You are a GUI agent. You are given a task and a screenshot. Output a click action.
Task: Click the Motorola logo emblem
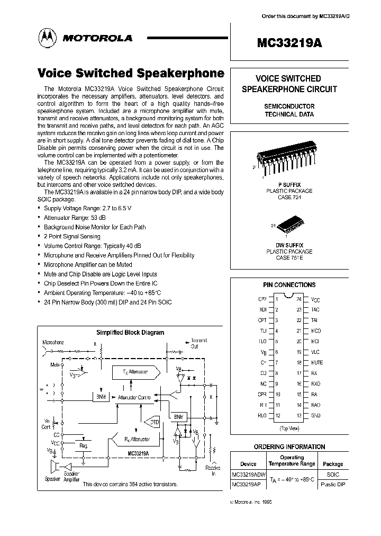pyautogui.click(x=46, y=38)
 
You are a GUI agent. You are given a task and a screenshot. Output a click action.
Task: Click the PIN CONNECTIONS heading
pyautogui.click(x=289, y=284)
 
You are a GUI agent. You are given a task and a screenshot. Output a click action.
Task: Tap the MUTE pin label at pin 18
pyautogui.click(x=316, y=363)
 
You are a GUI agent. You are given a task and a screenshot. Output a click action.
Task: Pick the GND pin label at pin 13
pyautogui.click(x=316, y=416)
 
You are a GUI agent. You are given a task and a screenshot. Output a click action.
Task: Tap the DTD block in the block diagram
pyautogui.click(x=153, y=422)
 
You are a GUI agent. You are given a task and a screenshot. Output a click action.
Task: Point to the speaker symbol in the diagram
pyautogui.click(x=54, y=468)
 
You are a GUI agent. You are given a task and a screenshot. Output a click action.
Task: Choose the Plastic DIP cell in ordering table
pyautogui.click(x=333, y=484)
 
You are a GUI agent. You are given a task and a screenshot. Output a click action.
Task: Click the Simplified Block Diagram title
pyautogui.click(x=130, y=333)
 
